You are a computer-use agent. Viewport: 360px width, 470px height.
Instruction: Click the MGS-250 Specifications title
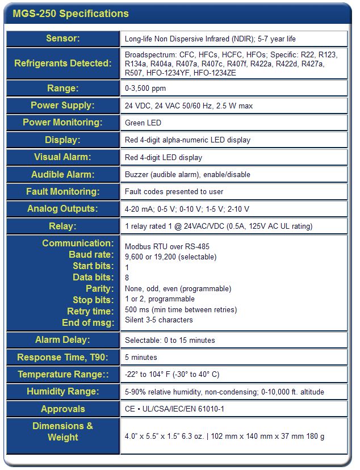(x=70, y=14)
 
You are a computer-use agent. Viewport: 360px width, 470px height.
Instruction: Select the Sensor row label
(x=62, y=39)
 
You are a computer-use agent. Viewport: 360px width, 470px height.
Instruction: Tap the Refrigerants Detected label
(x=62, y=63)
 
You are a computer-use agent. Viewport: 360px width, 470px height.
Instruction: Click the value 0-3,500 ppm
(x=145, y=89)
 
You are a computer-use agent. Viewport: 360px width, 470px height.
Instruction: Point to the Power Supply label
(x=62, y=106)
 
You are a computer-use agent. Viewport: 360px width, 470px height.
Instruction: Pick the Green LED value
(x=143, y=123)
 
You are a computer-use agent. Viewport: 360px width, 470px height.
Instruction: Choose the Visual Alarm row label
(x=62, y=157)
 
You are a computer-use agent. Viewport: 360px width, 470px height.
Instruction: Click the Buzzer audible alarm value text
(x=187, y=174)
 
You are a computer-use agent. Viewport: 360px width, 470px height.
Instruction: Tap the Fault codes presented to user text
(x=174, y=192)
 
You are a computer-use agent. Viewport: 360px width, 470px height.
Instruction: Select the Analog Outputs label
(x=62, y=209)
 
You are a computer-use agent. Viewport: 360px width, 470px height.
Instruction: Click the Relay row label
(x=62, y=226)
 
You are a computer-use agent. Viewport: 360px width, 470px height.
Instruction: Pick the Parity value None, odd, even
(x=178, y=288)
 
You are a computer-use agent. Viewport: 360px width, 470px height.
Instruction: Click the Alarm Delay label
(x=62, y=340)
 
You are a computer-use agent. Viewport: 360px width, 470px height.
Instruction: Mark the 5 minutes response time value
(x=141, y=358)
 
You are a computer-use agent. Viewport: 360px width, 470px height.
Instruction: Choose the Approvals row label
(x=62, y=409)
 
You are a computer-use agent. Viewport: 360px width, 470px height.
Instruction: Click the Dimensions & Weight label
(x=62, y=431)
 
